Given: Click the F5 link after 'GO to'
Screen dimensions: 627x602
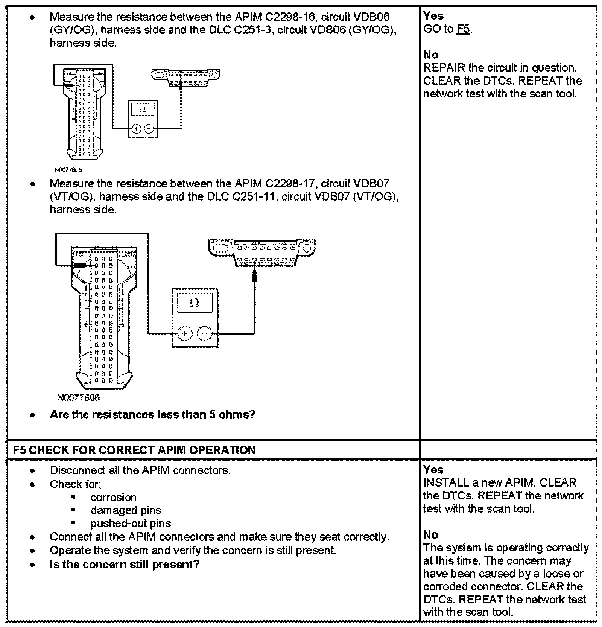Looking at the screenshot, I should (x=464, y=29).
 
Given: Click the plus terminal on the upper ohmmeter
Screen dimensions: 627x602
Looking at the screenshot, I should (x=137, y=129).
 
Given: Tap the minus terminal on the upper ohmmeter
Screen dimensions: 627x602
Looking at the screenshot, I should (x=149, y=129).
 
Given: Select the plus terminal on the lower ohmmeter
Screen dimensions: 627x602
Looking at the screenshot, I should (x=185, y=333).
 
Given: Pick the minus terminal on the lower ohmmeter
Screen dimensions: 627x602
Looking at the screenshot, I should (x=205, y=333).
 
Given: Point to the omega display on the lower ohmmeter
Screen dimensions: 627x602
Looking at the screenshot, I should (x=195, y=303).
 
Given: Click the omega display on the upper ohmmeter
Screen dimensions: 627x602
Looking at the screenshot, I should (x=142, y=109).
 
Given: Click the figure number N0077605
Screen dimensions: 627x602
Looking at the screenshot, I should (x=68, y=170).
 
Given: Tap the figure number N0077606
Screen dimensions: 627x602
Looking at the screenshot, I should (x=79, y=398).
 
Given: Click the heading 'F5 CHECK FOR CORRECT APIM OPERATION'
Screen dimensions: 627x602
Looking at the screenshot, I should (x=134, y=450).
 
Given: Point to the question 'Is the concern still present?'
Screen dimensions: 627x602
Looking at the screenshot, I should (x=125, y=565).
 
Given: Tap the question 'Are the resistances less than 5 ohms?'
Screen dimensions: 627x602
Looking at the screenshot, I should (x=152, y=415).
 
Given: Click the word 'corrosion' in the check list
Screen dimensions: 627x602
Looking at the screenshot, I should (x=113, y=497).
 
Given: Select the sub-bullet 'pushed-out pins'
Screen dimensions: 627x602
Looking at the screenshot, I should (x=130, y=523).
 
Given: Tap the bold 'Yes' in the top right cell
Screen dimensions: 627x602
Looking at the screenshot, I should (x=433, y=16).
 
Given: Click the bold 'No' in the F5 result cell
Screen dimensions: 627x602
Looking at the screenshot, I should (x=430, y=535).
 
